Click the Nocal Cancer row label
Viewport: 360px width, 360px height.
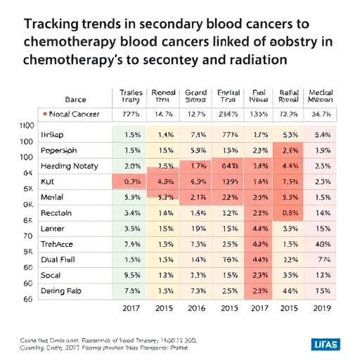pyautogui.click(x=73, y=114)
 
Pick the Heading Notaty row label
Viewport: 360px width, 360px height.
pyautogui.click(x=70, y=166)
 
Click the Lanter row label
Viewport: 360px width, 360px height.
pyautogui.click(x=56, y=228)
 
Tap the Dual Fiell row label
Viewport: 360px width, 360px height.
pyautogui.click(x=60, y=259)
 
